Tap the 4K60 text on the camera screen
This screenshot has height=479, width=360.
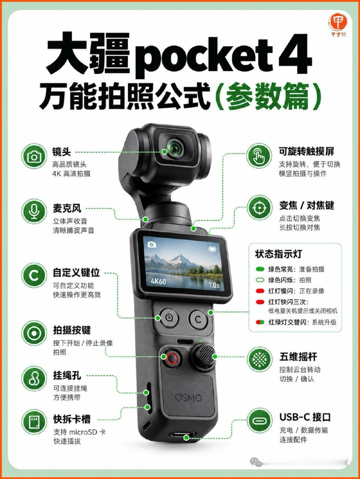pyautogui.click(x=159, y=281)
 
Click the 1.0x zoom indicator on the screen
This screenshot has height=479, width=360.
pyautogui.click(x=214, y=285)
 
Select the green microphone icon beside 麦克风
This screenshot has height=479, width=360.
pyautogui.click(x=34, y=211)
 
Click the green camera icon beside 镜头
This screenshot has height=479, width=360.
pyautogui.click(x=34, y=156)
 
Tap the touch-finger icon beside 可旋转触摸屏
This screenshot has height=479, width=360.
pyautogui.click(x=259, y=155)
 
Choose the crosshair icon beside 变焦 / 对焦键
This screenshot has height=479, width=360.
pyautogui.click(x=259, y=208)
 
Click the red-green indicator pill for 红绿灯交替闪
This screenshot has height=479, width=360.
pyautogui.click(x=260, y=322)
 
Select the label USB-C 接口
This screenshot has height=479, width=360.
pyautogui.click(x=305, y=417)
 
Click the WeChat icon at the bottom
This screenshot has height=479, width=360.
pyautogui.click(x=256, y=461)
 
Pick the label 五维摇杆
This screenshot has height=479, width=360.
pyautogui.click(x=298, y=357)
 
